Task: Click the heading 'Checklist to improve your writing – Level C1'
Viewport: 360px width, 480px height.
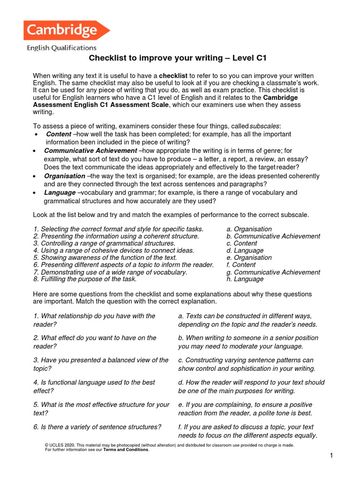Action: click(x=178, y=58)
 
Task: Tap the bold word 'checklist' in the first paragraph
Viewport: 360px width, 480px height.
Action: click(x=173, y=75)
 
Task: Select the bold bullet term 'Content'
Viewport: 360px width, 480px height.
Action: click(x=59, y=134)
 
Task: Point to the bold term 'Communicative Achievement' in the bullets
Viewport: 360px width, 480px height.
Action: click(x=90, y=150)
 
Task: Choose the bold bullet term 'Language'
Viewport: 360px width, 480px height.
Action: click(x=60, y=193)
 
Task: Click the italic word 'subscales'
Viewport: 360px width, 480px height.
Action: click(x=266, y=126)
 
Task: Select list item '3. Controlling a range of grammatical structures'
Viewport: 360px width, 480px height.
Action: click(x=104, y=243)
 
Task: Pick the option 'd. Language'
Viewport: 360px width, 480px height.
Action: click(x=245, y=251)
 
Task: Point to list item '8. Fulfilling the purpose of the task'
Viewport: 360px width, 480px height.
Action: click(x=85, y=279)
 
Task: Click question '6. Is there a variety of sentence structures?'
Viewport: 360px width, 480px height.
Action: click(x=97, y=427)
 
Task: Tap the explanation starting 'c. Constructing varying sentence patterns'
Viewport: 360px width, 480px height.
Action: click(x=247, y=364)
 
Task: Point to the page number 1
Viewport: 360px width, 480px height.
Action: click(x=331, y=456)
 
